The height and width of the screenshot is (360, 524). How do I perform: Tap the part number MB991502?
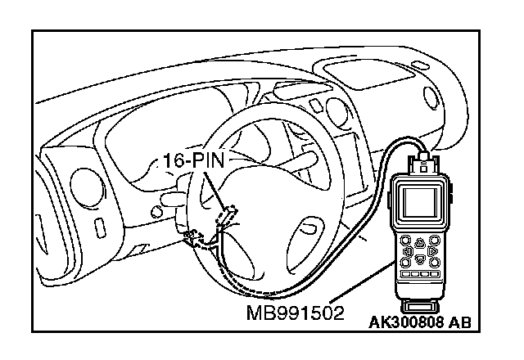294,312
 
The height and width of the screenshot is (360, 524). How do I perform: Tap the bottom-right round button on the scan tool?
435,263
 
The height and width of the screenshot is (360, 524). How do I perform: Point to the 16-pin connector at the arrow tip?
225,216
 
